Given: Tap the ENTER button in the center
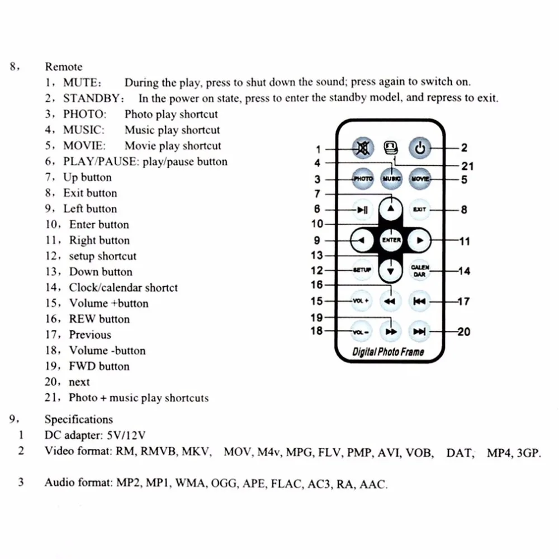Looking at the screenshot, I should pos(391,240).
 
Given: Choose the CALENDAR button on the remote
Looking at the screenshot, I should pos(420,271).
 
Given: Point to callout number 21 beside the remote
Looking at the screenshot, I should pos(467,166).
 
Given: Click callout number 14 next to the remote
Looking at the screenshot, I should pos(464,272).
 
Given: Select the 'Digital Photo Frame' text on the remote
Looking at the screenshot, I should pos(388,352).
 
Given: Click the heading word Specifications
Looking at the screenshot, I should pos(78,419).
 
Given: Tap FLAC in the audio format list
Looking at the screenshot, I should pos(285,484).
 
